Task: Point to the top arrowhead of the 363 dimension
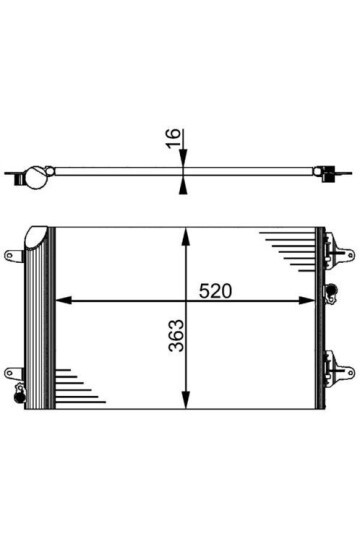pos(184,234)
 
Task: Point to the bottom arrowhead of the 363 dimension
pos(184,403)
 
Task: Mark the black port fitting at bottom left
pos(17,397)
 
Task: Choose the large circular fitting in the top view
pos(35,177)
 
